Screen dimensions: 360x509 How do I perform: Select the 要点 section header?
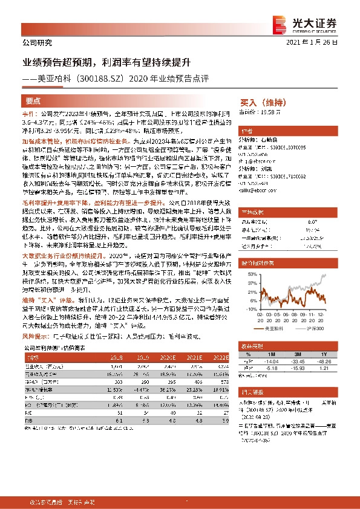click(33, 100)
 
